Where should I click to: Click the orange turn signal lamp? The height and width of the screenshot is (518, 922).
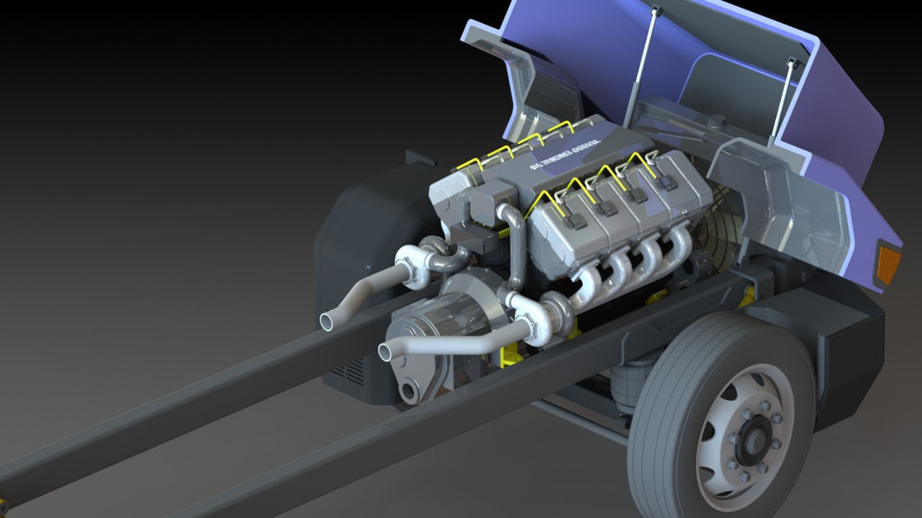click(888, 264)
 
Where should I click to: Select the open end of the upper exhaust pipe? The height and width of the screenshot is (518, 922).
click(328, 319)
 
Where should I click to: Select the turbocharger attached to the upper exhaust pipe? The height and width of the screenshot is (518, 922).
click(418, 265)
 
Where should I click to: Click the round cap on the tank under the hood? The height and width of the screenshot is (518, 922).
click(716, 124)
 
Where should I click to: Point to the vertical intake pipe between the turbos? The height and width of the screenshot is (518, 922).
click(516, 249)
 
